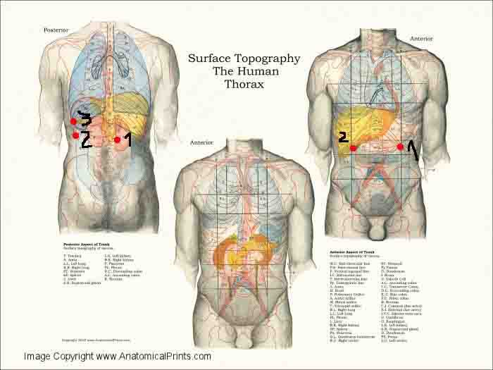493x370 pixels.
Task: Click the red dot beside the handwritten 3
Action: (x=73, y=122)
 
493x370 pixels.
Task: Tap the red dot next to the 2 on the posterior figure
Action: (x=75, y=135)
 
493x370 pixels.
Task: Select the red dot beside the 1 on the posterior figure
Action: (x=117, y=140)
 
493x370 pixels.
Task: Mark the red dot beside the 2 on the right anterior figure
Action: (x=353, y=148)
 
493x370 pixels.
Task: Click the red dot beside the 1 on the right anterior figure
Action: (x=400, y=147)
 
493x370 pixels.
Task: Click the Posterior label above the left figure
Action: (x=56, y=30)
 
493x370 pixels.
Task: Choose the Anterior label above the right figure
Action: (x=422, y=38)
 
